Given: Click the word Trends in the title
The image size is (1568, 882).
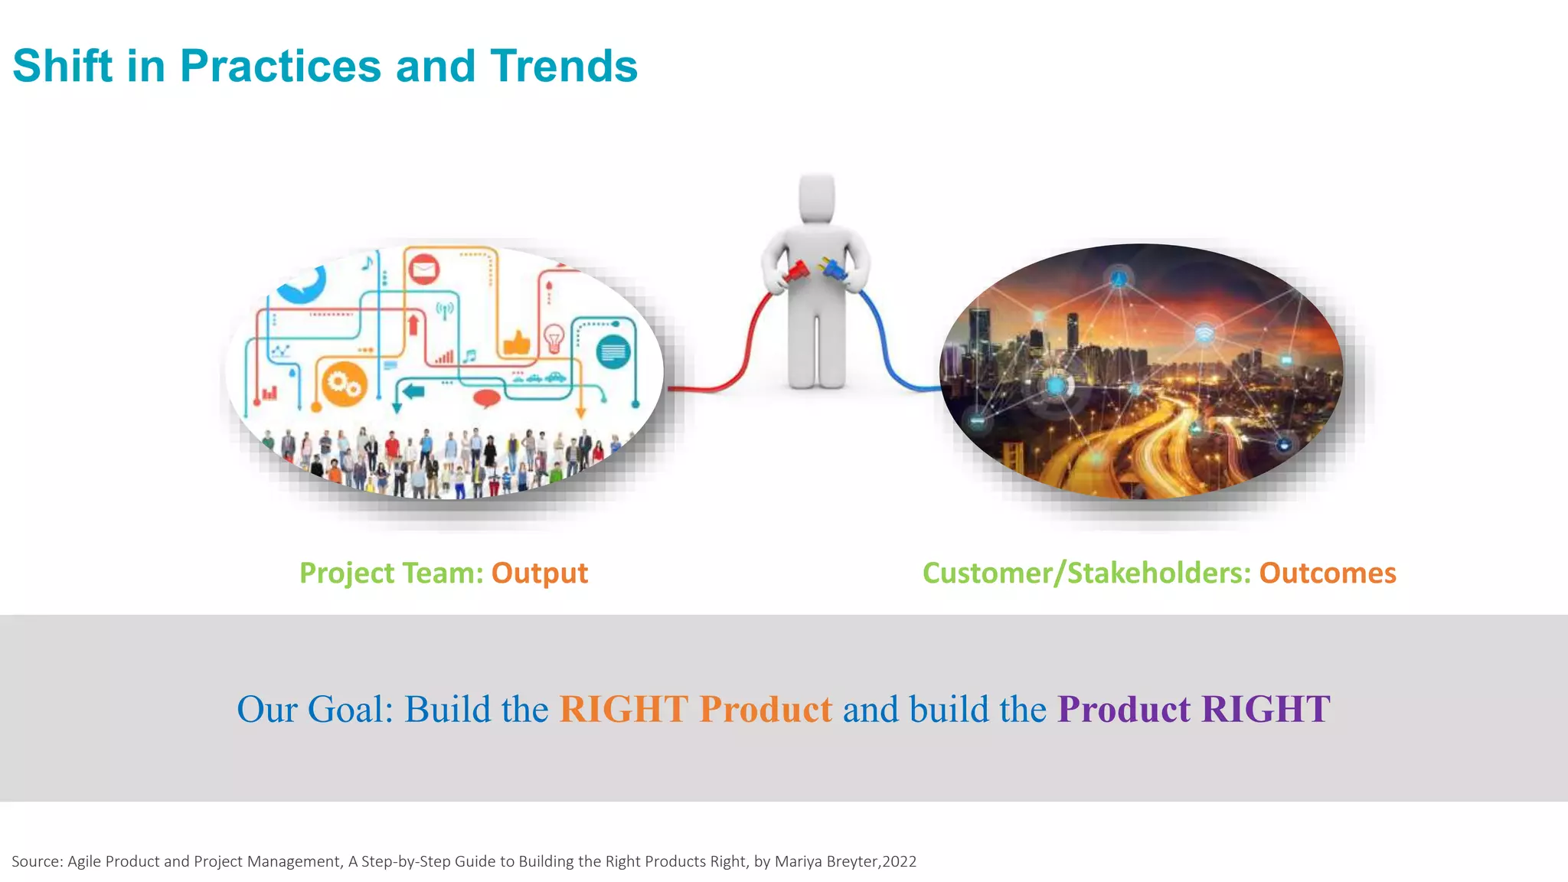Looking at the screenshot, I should pos(563,67).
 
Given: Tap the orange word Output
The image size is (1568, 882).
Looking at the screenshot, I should pos(539,573).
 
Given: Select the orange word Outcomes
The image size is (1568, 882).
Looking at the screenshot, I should pos(1328,573).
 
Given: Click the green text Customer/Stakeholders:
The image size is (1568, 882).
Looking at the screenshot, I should pos(1086,573).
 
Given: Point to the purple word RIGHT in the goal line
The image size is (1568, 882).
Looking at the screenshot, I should pos(1266,709).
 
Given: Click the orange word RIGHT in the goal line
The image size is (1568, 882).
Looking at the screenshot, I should pos(623,709).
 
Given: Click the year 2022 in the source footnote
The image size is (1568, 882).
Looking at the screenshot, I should pos(900,861).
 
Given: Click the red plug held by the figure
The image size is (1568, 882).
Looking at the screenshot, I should pos(796,271).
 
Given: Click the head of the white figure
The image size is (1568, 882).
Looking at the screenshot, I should pos(816,197).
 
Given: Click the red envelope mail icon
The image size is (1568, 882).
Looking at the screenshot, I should pos(423,269).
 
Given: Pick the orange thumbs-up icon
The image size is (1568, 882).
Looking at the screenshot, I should pos(517,342).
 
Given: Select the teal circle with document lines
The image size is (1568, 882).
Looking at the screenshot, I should pos(613,352).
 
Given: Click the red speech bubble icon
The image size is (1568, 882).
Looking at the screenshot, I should pos(486,398).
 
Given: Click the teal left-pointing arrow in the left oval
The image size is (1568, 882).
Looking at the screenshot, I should pos(413,392).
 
